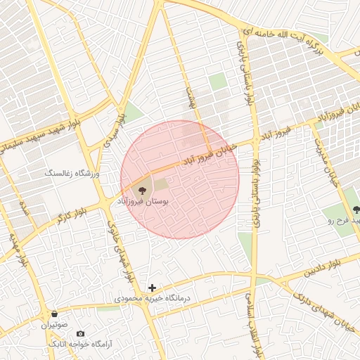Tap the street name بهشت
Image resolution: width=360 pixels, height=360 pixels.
(188, 98)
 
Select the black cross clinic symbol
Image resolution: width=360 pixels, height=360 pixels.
(152, 287)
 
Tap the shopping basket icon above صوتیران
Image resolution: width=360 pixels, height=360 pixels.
(55, 314)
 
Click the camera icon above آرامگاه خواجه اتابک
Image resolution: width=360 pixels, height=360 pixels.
(80, 333)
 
